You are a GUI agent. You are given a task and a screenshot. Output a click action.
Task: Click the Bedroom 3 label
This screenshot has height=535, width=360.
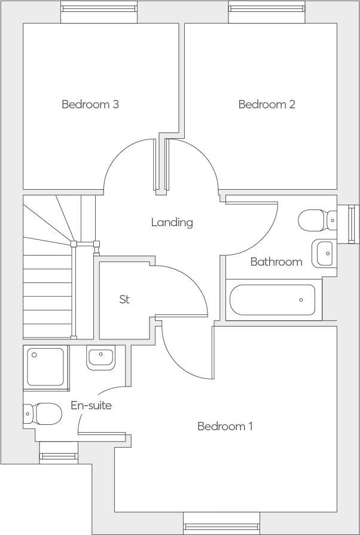(x=90, y=104)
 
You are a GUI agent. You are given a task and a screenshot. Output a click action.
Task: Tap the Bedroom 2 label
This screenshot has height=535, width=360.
(x=267, y=104)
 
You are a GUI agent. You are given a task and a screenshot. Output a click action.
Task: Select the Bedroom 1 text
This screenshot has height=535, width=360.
(x=225, y=426)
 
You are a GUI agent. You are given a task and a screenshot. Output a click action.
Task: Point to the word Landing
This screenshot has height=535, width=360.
(x=172, y=222)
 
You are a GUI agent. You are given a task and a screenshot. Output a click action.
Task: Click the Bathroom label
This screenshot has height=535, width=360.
(x=276, y=262)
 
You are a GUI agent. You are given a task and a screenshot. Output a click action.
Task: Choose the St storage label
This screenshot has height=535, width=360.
(x=124, y=299)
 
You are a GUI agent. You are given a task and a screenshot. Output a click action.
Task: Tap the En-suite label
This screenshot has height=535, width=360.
(x=91, y=405)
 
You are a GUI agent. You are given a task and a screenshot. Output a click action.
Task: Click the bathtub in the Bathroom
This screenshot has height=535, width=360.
(x=273, y=300)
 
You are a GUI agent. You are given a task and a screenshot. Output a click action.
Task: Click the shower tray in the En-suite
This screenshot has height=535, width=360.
(x=45, y=366)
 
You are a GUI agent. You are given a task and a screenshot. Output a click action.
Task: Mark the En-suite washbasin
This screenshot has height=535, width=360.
(x=100, y=358)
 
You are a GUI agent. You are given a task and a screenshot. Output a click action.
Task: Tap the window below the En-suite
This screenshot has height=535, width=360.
(x=59, y=457)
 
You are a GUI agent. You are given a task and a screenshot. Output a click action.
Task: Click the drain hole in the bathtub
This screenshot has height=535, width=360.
(x=302, y=300)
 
